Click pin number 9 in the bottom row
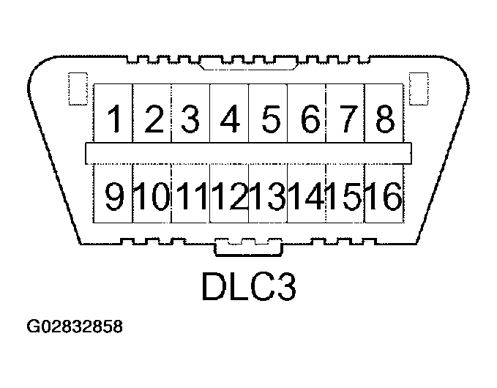tap(114, 196)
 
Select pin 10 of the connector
tap(152, 196)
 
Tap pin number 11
tap(191, 196)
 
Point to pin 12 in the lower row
tap(230, 196)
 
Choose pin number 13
tap(269, 196)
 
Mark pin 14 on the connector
tap(307, 196)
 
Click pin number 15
tap(345, 196)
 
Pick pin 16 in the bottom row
tap(384, 196)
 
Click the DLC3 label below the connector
tap(248, 287)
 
